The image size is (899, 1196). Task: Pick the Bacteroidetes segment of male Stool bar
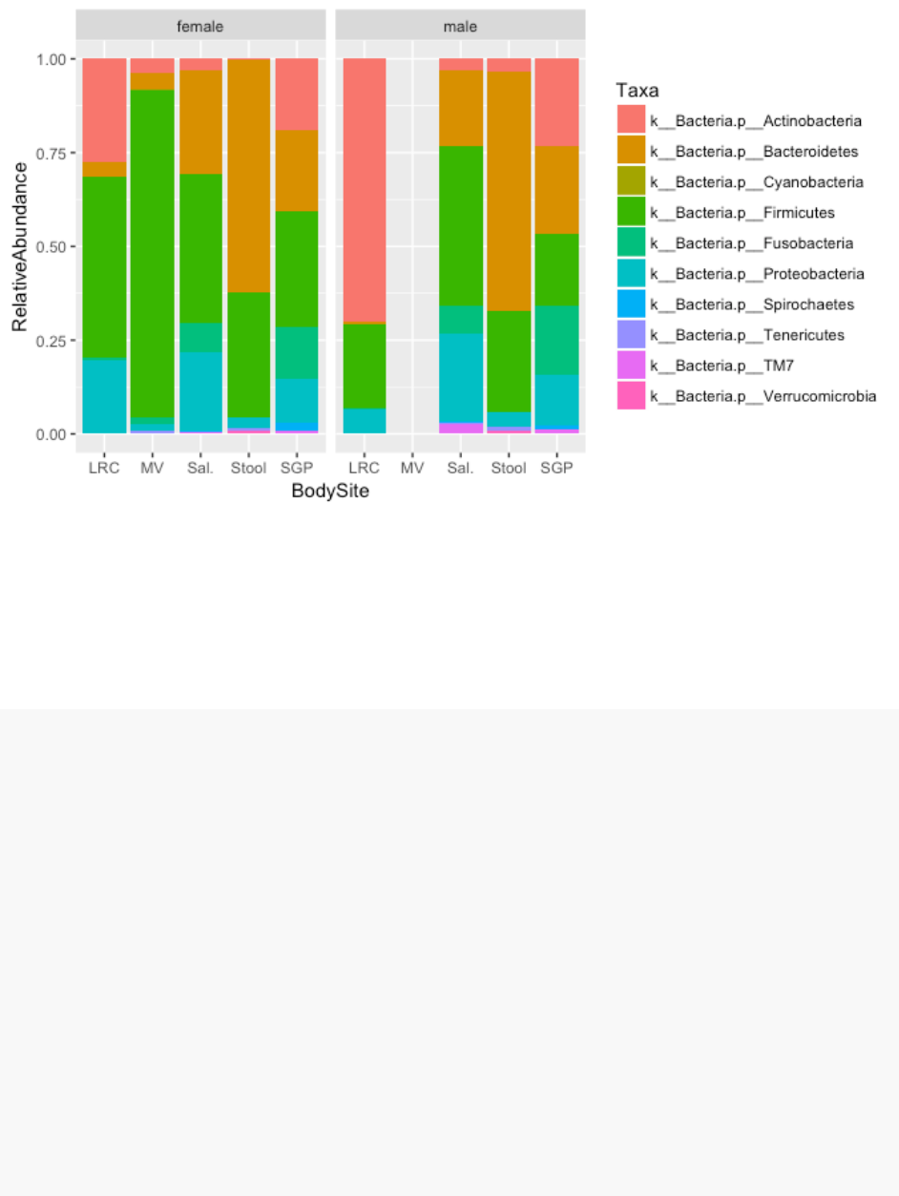click(x=509, y=191)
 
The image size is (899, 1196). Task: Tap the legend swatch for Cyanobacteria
click(x=632, y=181)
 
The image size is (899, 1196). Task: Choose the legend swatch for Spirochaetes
click(x=632, y=304)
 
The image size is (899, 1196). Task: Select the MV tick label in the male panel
click(x=412, y=469)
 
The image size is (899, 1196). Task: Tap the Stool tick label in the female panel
click(x=249, y=469)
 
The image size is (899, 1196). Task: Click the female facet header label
click(x=200, y=26)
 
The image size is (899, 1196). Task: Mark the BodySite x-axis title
click(x=330, y=493)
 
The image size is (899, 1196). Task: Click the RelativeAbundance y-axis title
click(x=19, y=246)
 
